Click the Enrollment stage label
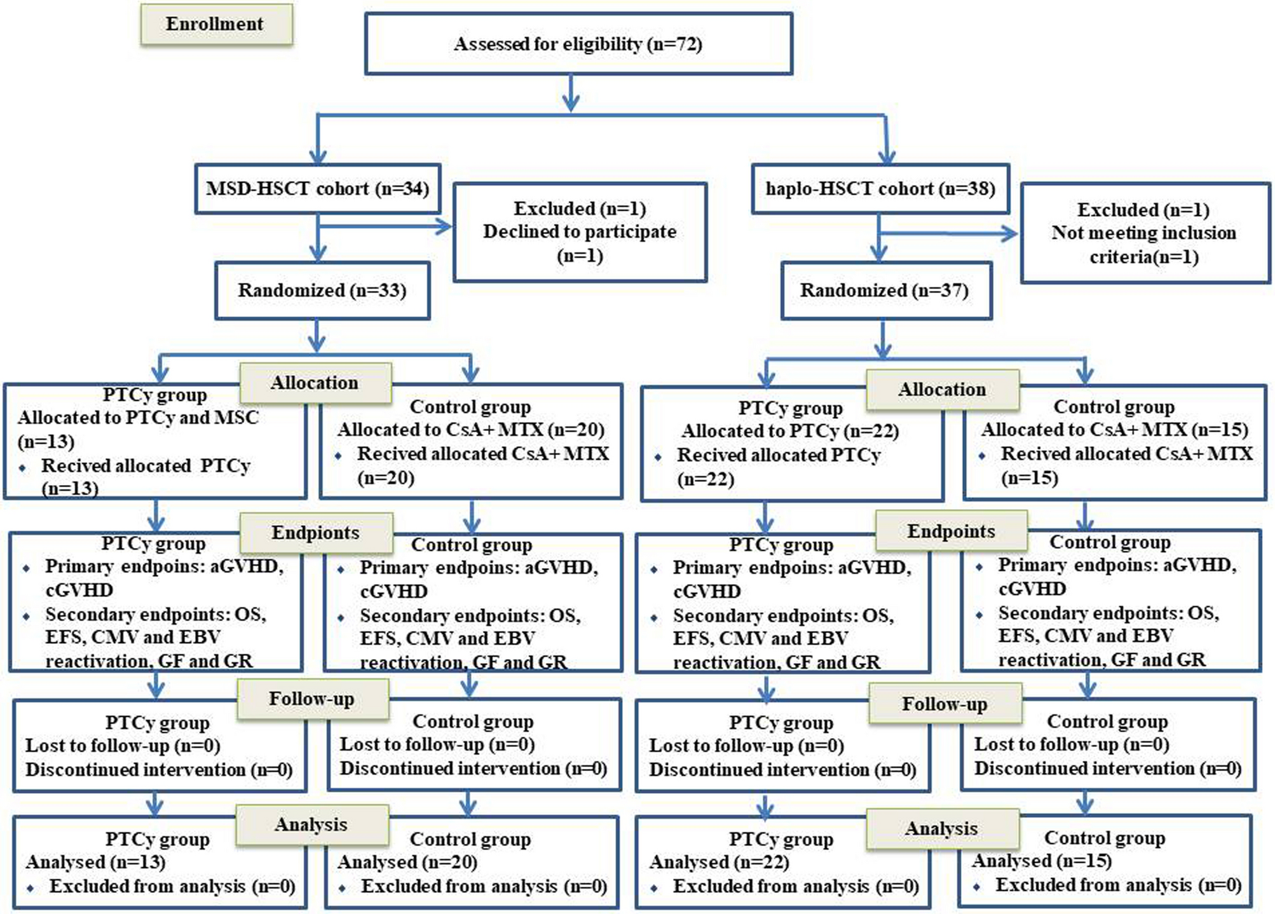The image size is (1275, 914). coord(215,25)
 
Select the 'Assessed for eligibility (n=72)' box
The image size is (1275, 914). coord(578,44)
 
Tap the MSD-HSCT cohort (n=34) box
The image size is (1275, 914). coord(317,189)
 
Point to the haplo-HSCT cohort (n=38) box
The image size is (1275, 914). coord(880,189)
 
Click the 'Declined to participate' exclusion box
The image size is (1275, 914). coord(579,232)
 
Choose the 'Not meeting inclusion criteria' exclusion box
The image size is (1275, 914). coord(1143,233)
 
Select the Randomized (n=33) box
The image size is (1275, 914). coord(322,290)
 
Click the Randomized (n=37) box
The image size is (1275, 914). coord(884,290)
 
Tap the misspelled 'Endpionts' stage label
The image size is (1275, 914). coord(315,533)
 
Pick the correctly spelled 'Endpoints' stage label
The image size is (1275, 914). coord(950,531)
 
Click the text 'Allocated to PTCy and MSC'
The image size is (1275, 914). coord(138,418)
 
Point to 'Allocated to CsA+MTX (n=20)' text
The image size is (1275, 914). coord(470,430)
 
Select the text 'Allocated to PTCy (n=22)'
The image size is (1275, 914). coord(790,431)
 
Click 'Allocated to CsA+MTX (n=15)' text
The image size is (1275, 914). coord(1114,430)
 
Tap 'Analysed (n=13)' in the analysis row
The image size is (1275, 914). coord(95,862)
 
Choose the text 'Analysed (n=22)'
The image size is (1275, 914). coord(719,862)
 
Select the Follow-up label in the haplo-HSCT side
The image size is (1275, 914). coord(944,704)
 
